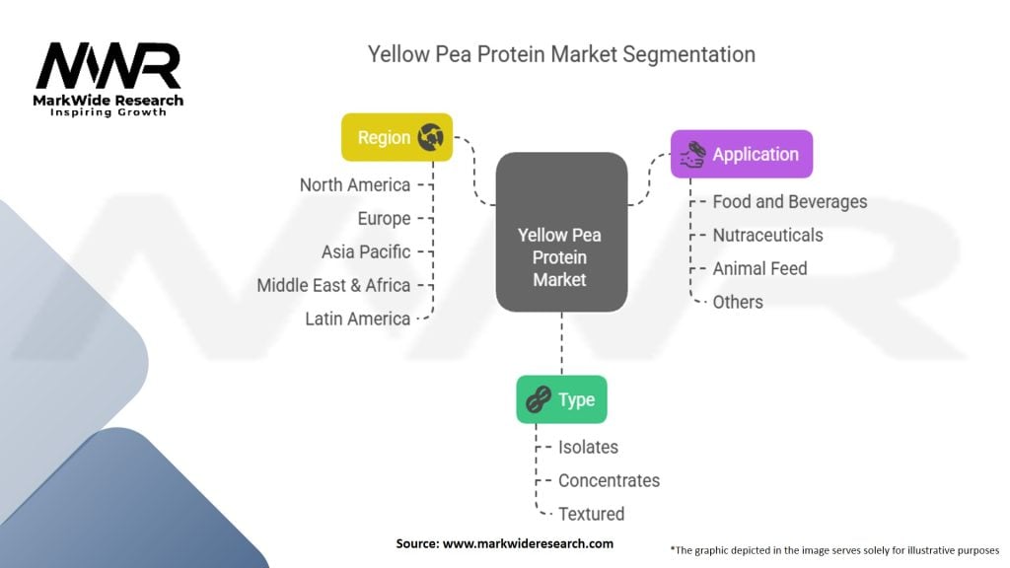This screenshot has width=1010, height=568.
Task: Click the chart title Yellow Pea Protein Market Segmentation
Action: [561, 53]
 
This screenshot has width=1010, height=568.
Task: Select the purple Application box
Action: [741, 154]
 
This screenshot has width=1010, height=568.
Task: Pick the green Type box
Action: [561, 399]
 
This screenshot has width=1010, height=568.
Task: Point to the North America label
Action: [354, 184]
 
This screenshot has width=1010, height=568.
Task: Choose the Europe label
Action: [384, 218]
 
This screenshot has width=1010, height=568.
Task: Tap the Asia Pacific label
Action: [365, 251]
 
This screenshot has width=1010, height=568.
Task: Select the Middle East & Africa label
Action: [333, 285]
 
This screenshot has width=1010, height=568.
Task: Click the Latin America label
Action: [357, 319]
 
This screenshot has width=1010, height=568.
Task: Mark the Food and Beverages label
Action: [790, 201]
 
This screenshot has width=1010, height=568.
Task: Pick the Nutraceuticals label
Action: [767, 235]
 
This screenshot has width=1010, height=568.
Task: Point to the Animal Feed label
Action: [759, 268]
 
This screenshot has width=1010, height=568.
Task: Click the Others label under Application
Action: [738, 302]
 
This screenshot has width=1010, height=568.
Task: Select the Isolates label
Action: [588, 447]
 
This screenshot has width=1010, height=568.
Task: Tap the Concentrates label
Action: [609, 480]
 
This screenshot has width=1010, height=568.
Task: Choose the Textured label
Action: [591, 514]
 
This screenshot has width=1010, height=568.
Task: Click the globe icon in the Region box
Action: [430, 138]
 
